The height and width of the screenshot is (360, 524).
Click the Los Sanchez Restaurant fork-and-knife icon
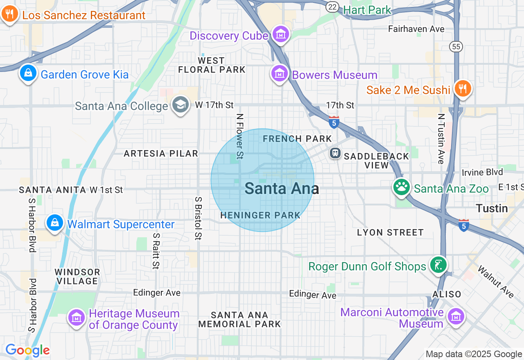click(x=9, y=14)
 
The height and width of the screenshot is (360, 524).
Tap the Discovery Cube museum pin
click(x=281, y=35)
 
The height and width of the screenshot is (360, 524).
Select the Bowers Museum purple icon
click(x=280, y=74)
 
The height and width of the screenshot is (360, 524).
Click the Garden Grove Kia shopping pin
click(x=28, y=74)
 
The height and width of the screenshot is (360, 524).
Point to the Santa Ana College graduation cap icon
click(x=180, y=105)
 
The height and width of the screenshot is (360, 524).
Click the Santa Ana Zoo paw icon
click(x=402, y=187)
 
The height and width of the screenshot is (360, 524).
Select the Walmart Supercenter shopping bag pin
click(x=55, y=223)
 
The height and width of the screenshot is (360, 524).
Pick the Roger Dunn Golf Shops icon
click(x=438, y=265)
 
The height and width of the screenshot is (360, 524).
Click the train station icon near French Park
click(x=335, y=153)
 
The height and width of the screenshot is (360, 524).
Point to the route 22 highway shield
click(x=333, y=7)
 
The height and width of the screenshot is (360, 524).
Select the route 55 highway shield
click(x=456, y=46)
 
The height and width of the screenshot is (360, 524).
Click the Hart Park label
click(x=367, y=10)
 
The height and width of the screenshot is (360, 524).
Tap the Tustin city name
click(x=492, y=208)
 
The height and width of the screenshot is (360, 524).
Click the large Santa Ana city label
click(x=282, y=189)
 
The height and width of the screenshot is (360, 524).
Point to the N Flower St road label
click(x=240, y=136)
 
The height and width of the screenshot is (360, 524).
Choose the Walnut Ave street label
click(x=496, y=282)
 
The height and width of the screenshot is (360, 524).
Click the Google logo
click(x=27, y=350)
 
